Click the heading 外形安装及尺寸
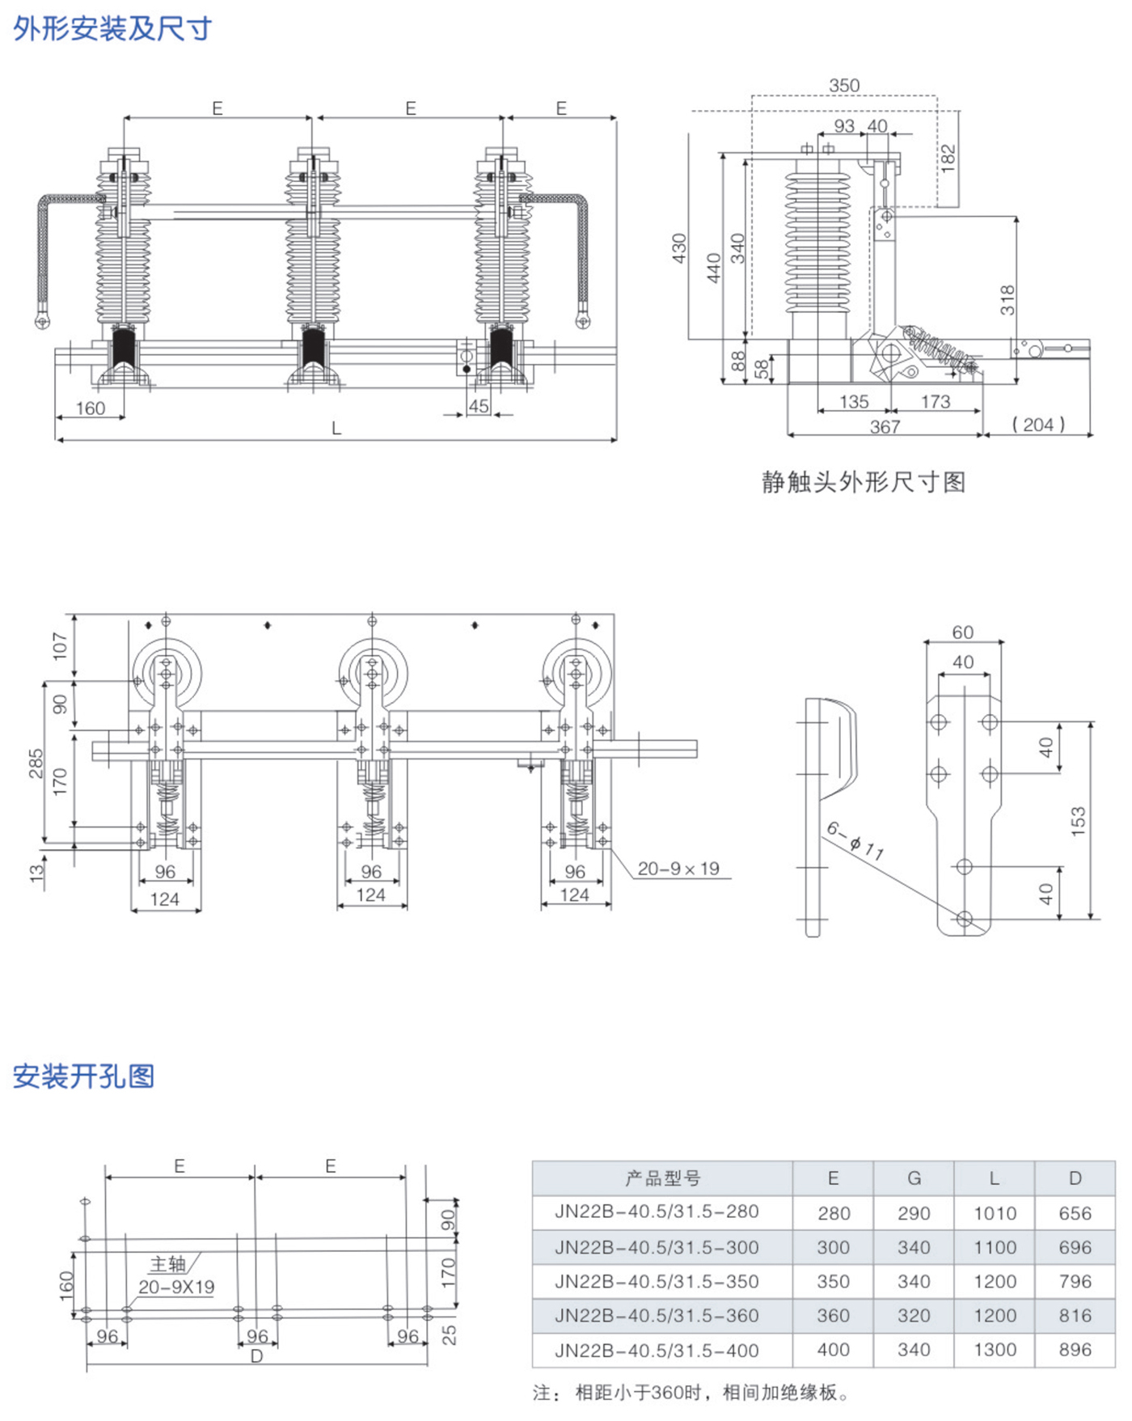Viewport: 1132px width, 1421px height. (x=112, y=29)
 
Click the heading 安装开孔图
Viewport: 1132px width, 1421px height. (x=83, y=1076)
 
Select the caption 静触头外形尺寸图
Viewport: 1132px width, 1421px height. (x=864, y=482)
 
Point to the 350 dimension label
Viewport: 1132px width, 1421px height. (x=844, y=86)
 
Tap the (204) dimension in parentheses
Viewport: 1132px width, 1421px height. (x=1038, y=425)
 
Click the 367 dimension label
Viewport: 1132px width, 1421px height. (x=885, y=426)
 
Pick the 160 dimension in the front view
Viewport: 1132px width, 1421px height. (x=91, y=408)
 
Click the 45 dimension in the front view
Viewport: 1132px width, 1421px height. (x=479, y=406)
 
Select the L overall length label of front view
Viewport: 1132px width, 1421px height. (x=336, y=429)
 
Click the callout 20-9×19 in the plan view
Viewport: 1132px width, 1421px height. (x=678, y=869)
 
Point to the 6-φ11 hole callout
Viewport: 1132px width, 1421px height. (x=855, y=840)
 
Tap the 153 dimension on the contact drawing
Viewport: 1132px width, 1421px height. (x=1078, y=821)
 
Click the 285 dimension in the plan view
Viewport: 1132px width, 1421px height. (x=36, y=763)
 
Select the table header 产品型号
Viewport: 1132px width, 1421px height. (x=662, y=1178)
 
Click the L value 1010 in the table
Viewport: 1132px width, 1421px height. (x=995, y=1213)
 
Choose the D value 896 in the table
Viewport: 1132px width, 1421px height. (x=1075, y=1350)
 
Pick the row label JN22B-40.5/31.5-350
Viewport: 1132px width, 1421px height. (x=657, y=1282)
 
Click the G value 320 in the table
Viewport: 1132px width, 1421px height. (x=914, y=1316)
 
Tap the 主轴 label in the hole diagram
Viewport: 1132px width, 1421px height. (x=168, y=1263)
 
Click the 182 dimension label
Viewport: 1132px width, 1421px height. (x=948, y=156)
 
